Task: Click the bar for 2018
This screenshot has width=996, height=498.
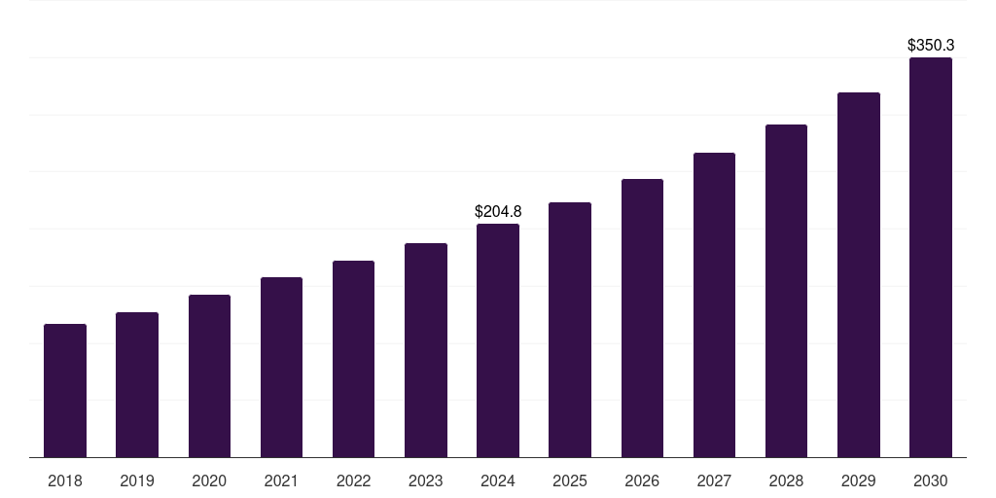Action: point(65,391)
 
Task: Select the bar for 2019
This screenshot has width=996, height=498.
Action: point(137,385)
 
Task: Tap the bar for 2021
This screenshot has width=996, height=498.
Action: point(281,368)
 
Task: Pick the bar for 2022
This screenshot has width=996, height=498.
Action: point(353,359)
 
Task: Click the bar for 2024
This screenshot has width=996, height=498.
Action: point(498,340)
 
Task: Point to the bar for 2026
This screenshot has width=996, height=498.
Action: point(642,318)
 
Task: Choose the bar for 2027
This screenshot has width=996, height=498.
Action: point(714,305)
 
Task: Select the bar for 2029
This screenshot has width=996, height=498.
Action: point(859,275)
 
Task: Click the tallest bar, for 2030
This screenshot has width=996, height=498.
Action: point(931,258)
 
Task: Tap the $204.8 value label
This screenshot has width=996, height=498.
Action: point(498,211)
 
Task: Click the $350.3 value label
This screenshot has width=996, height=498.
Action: point(931,45)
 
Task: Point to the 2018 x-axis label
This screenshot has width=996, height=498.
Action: point(65,480)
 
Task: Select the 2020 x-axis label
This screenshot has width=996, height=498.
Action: point(209,480)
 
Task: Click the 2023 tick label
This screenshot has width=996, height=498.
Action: point(426,480)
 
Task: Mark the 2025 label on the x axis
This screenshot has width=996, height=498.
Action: point(570,480)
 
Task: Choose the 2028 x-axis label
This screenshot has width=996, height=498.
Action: point(786,480)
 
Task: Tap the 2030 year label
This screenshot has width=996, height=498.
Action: point(931,480)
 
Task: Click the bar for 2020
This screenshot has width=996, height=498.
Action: point(209,376)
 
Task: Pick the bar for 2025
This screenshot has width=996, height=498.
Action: point(570,330)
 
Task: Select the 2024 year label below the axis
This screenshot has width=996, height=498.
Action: point(498,480)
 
